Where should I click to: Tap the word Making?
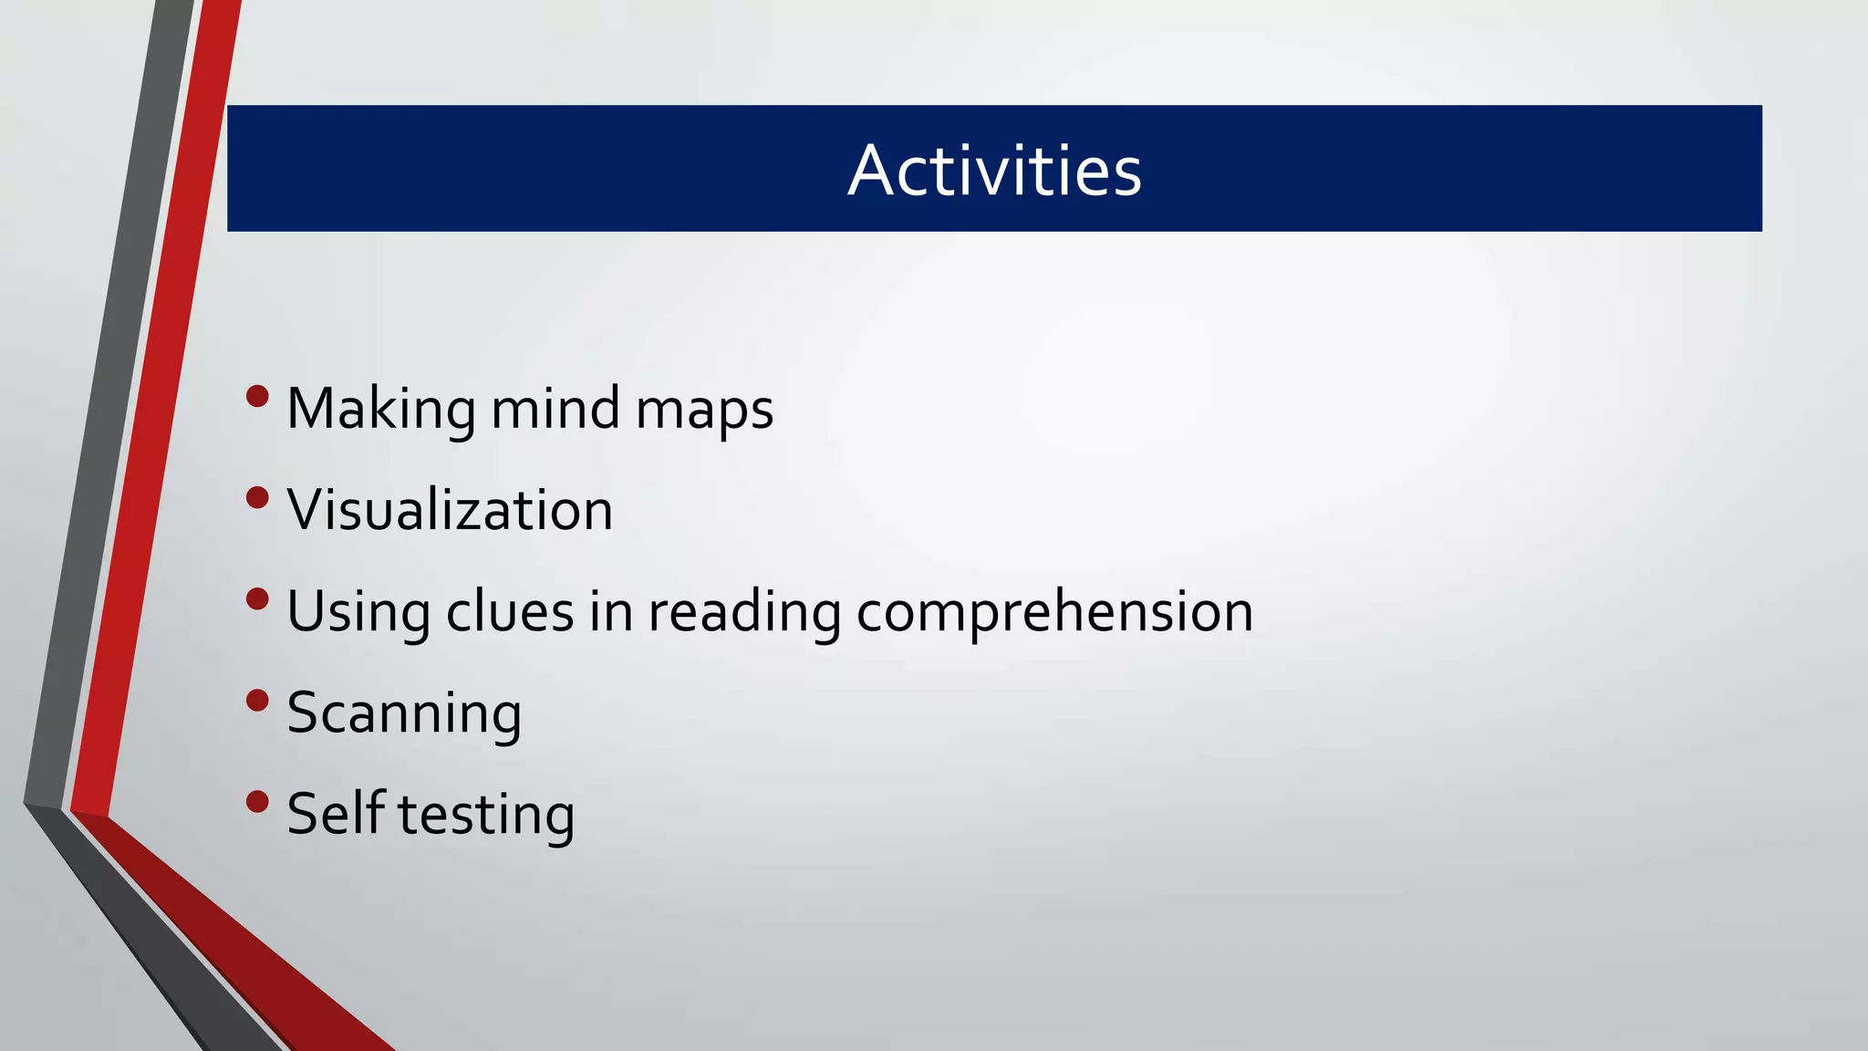pyautogui.click(x=380, y=409)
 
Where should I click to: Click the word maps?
pyautogui.click(x=704, y=411)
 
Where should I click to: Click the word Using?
pyautogui.click(x=358, y=612)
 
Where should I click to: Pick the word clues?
pyautogui.click(x=510, y=610)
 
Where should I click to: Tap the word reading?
pyautogui.click(x=744, y=612)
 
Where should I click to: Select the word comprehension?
pyautogui.click(x=1054, y=612)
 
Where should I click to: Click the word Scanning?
pyautogui.click(x=404, y=713)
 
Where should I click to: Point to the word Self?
pyautogui.click(x=335, y=813)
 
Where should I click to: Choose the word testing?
pyautogui.click(x=486, y=815)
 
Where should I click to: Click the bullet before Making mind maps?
pyautogui.click(x=257, y=397)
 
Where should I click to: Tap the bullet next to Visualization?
pyautogui.click(x=257, y=498)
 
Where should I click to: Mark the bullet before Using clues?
pyautogui.click(x=257, y=599)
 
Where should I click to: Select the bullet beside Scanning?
pyautogui.click(x=257, y=701)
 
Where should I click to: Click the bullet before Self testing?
pyautogui.click(x=257, y=802)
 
